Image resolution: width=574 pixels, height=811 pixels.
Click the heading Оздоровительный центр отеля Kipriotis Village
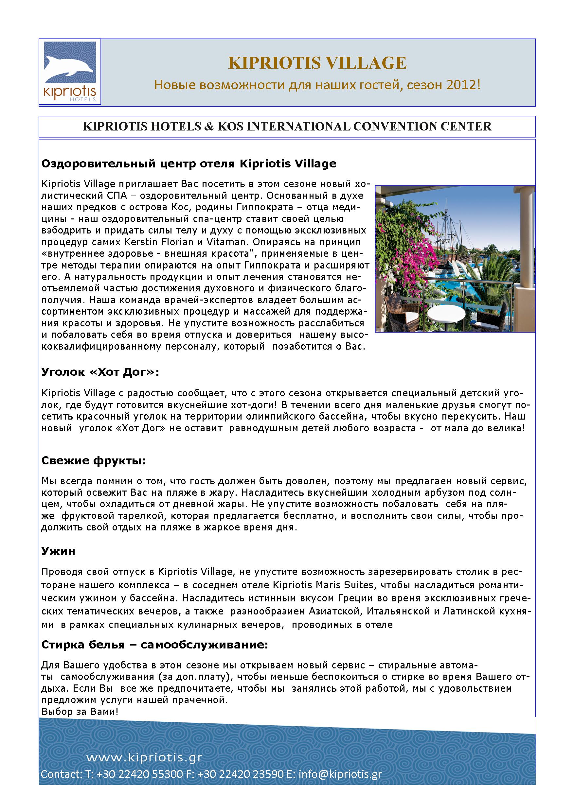pyautogui.click(x=189, y=164)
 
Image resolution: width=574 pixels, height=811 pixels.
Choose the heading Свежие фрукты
pyautogui.click(x=94, y=461)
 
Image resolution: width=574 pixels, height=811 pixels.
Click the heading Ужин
pyautogui.click(x=58, y=551)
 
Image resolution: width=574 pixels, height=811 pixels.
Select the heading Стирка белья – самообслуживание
pyautogui.click(x=155, y=645)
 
